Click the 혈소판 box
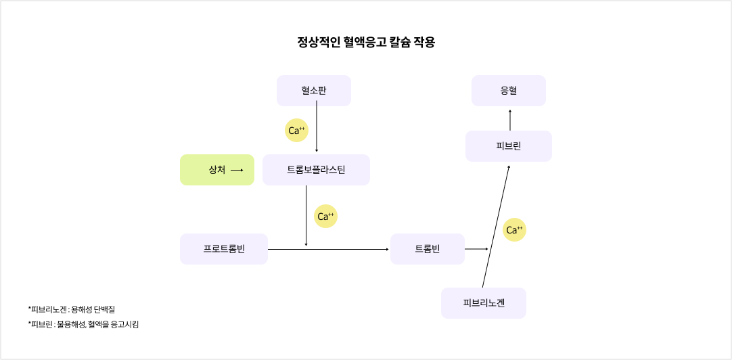(x=313, y=91)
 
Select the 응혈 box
(x=508, y=91)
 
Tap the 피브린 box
(x=508, y=146)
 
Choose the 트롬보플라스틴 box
(x=316, y=170)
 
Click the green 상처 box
(x=216, y=170)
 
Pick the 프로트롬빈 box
(x=224, y=249)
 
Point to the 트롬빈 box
(x=427, y=249)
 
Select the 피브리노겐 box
(x=483, y=303)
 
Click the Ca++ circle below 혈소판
(x=296, y=131)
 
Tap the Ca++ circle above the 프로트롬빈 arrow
(x=325, y=217)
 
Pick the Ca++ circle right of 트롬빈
(x=514, y=230)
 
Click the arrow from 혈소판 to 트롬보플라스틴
(x=317, y=129)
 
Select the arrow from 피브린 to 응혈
(x=510, y=120)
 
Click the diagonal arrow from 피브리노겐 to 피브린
(x=495, y=227)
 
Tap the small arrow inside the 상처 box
(x=237, y=171)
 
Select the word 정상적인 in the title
(x=319, y=43)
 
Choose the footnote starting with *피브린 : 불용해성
(x=83, y=325)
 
